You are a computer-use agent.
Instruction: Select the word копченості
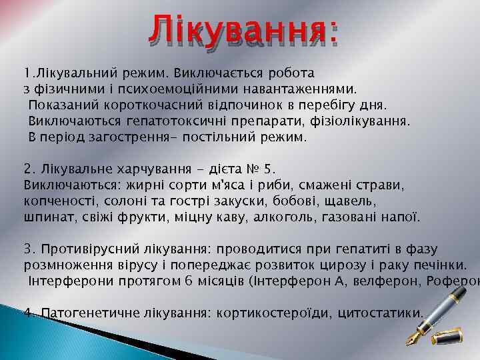click(57, 200)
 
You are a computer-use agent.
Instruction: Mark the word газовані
click(361, 217)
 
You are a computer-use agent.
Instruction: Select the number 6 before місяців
click(189, 281)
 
